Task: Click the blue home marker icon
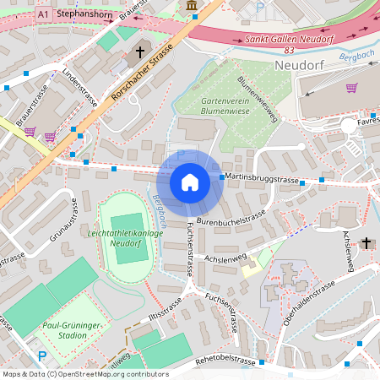[x=189, y=182]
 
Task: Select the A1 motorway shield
[x=44, y=15]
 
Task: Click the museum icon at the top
[x=193, y=7]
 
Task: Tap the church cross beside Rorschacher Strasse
[x=140, y=52]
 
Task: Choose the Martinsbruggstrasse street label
[x=263, y=180]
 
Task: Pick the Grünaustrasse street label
[x=65, y=220]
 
